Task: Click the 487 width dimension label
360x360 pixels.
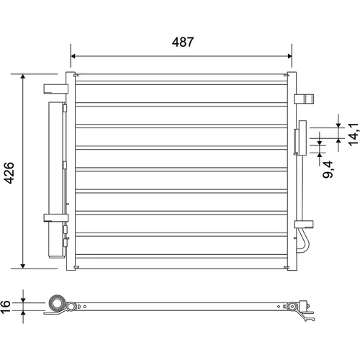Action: pos(183,42)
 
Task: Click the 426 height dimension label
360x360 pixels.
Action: pos(9,173)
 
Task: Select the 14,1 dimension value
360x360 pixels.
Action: pos(354,135)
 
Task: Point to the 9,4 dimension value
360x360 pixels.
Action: pos(328,169)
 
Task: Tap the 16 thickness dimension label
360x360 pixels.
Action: pos(5,307)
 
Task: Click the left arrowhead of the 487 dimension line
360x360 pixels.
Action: pos(73,56)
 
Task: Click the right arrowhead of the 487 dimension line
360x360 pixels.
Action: pos(289,56)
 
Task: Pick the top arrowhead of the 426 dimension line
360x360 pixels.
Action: pos(23,76)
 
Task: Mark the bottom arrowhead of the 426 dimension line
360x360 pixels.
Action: pos(23,266)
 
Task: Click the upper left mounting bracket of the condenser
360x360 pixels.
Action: pos(55,89)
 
